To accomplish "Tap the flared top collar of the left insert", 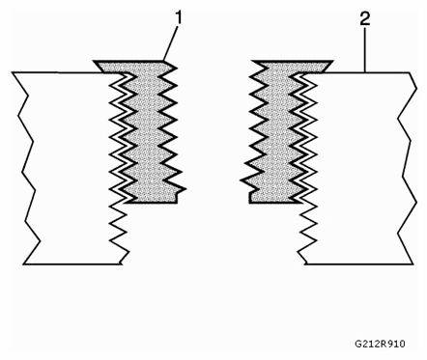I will [x=135, y=67].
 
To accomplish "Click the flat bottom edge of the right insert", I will [x=272, y=202].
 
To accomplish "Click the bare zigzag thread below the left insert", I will [x=121, y=232].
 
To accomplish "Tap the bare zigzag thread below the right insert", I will [x=304, y=232].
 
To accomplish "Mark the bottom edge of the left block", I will [x=72, y=263].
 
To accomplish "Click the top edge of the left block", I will [x=53, y=72].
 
